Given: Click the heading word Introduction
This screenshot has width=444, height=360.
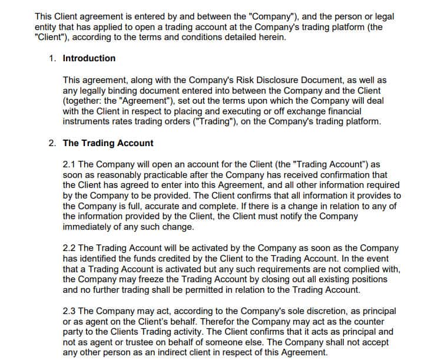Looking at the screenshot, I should point(89,58).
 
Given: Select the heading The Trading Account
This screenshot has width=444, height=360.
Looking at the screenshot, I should point(108,143).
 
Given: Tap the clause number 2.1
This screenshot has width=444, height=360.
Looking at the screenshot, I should point(69,164).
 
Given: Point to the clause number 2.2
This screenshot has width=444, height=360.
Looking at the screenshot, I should point(69,249).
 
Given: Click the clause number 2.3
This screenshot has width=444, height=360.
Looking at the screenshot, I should point(69,311).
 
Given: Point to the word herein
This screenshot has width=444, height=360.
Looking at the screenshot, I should point(272,37).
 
